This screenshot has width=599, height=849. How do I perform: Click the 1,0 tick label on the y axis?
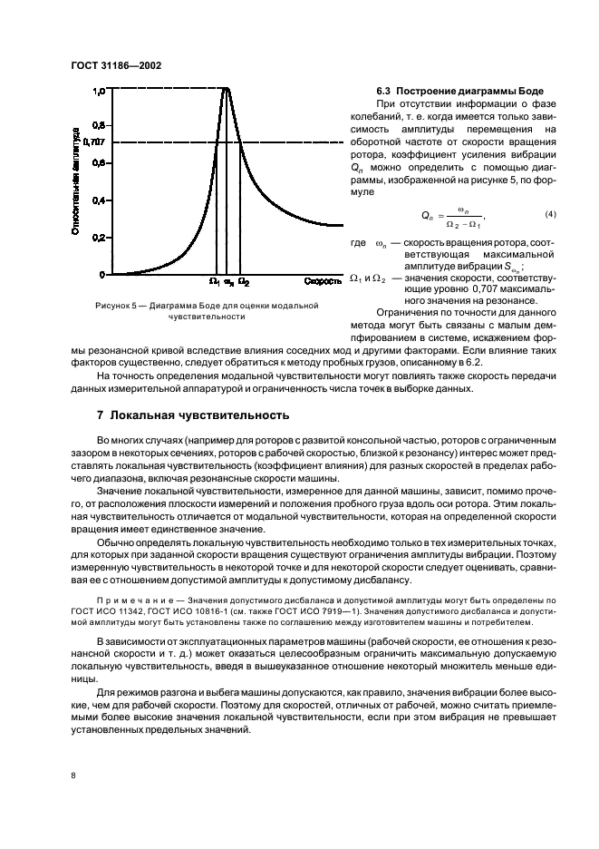click(x=99, y=91)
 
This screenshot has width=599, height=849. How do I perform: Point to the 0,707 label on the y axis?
click(x=94, y=142)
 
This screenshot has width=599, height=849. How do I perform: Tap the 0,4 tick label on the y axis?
click(x=99, y=200)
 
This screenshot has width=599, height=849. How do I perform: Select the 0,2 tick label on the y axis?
click(x=99, y=238)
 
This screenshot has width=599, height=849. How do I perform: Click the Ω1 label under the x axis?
click(x=214, y=282)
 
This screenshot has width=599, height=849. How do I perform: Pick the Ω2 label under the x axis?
click(x=243, y=282)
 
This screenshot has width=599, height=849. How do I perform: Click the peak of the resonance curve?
click(x=227, y=88)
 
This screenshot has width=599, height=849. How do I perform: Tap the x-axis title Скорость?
click(x=322, y=281)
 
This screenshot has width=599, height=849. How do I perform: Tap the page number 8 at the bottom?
click(x=73, y=776)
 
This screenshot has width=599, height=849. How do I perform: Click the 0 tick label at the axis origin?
click(x=102, y=275)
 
